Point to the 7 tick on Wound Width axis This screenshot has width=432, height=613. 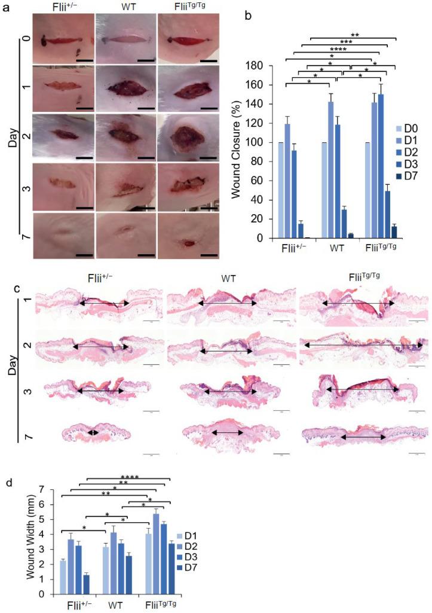tap(43, 489)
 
